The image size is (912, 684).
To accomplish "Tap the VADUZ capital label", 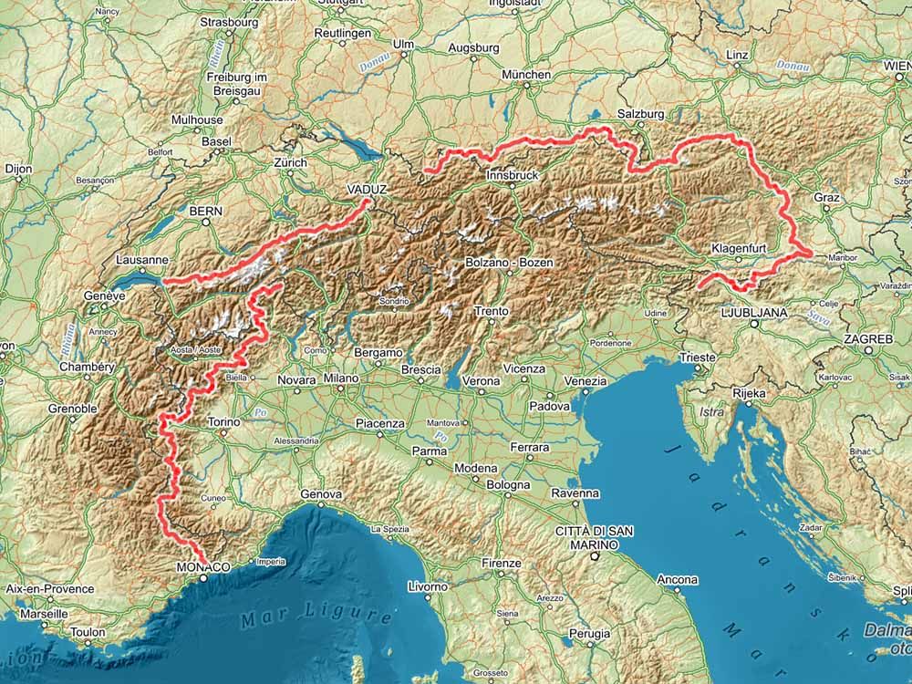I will (x=368, y=189).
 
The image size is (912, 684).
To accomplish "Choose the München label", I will (x=526, y=75).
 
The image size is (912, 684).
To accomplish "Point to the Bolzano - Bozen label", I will (x=509, y=263).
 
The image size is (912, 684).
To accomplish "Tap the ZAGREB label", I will (x=868, y=338).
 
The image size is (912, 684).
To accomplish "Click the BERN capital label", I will (x=205, y=211).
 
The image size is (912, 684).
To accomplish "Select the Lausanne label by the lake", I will (x=141, y=260).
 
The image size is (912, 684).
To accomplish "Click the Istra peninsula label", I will (x=710, y=412).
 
